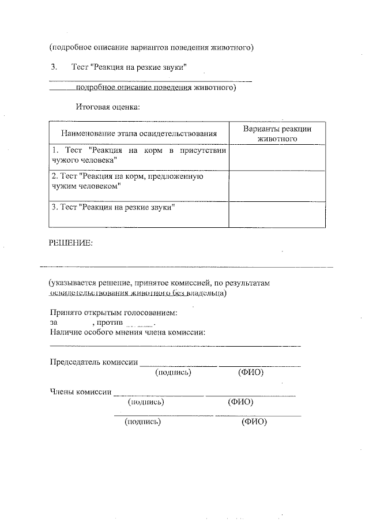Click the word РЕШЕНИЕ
pyautogui.click(x=70, y=243)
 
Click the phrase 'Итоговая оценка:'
pyautogui.click(x=108, y=106)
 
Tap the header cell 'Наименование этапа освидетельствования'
pyautogui.click(x=139, y=133)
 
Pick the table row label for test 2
pyautogui.click(x=126, y=182)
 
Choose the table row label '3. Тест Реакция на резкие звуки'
pyautogui.click(x=113, y=206)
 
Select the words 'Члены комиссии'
pyautogui.click(x=80, y=392)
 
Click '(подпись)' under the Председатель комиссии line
pyautogui.click(x=174, y=373)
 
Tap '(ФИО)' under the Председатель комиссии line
pyautogui.click(x=251, y=373)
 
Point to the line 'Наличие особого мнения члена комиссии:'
pyautogui.click(x=128, y=332)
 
